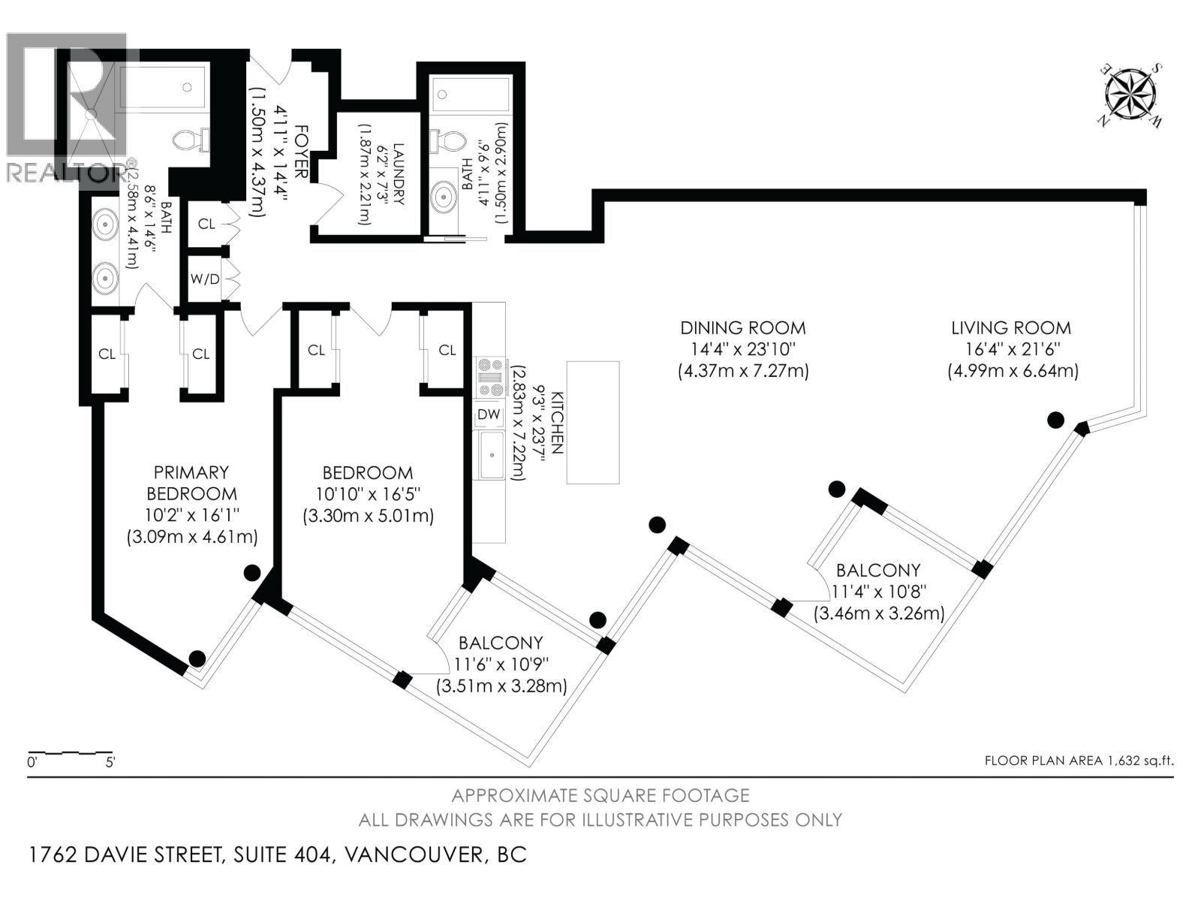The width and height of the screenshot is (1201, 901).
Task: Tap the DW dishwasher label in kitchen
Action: click(488, 414)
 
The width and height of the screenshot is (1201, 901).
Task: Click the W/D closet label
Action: click(205, 279)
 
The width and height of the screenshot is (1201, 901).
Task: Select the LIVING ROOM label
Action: click(1011, 328)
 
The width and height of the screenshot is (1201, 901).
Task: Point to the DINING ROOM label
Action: click(742, 328)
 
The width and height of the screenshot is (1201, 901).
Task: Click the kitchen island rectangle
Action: click(593, 423)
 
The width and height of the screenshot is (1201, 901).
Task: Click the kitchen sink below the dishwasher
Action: click(492, 455)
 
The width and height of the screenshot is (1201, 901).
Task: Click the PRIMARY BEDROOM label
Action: click(191, 483)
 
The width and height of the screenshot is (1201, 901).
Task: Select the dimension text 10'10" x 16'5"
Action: click(367, 495)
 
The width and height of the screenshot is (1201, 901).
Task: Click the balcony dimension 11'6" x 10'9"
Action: click(501, 664)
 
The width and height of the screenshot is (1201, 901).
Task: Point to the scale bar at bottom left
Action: click(70, 752)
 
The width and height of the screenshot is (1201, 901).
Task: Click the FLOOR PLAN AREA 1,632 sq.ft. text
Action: click(1078, 761)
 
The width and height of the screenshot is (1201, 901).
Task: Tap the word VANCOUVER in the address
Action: click(410, 855)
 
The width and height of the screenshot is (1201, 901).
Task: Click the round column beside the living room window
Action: click(1055, 420)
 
